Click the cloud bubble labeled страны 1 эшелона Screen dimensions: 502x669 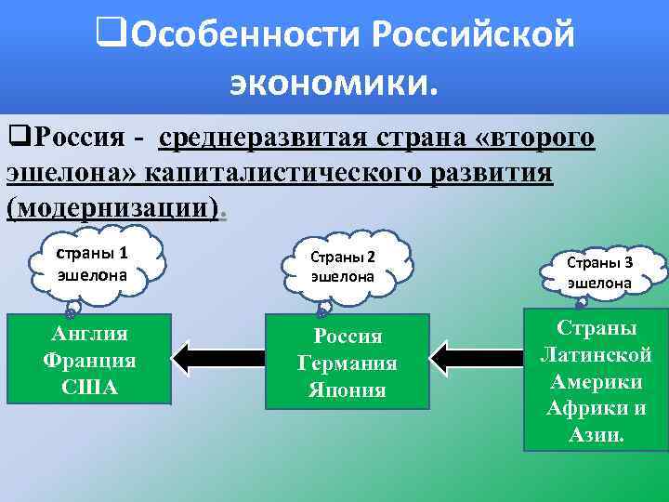(92, 263)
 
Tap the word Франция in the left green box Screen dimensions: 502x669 (89, 361)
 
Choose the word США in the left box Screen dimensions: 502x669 (89, 387)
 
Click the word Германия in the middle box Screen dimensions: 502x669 (347, 363)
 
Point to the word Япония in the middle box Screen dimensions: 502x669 (347, 390)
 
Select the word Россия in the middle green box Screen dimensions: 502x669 (347, 337)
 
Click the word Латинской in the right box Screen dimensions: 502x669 (596, 354)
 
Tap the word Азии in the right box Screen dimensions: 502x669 (596, 434)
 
